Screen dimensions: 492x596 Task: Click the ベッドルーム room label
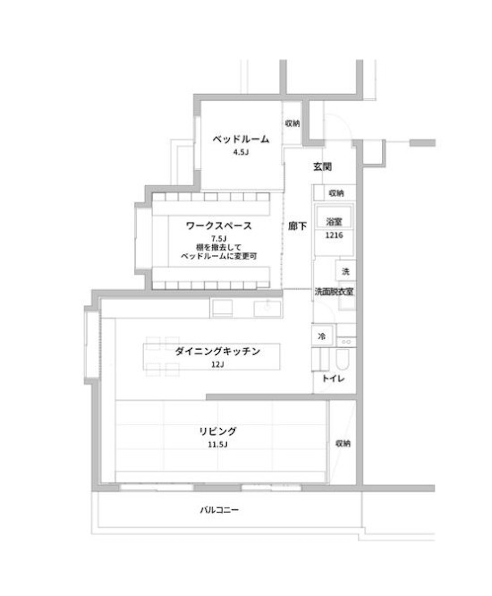241,139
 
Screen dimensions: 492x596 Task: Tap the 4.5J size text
241,152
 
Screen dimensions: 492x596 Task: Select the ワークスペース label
219,226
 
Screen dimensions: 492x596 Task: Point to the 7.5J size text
219,238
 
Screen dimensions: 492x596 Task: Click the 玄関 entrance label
323,167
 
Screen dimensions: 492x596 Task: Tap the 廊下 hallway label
297,226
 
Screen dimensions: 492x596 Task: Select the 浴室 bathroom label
334,222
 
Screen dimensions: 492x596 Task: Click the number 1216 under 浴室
334,235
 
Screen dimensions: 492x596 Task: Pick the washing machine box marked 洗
346,270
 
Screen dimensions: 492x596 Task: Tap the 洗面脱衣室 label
334,291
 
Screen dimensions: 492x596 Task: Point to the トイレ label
333,379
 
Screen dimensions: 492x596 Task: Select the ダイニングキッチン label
217,351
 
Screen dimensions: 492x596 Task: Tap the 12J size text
217,365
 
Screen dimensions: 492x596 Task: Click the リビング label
218,431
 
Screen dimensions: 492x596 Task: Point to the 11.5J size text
217,444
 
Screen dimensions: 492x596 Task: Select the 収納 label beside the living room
343,443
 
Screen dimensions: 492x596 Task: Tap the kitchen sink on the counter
267,308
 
